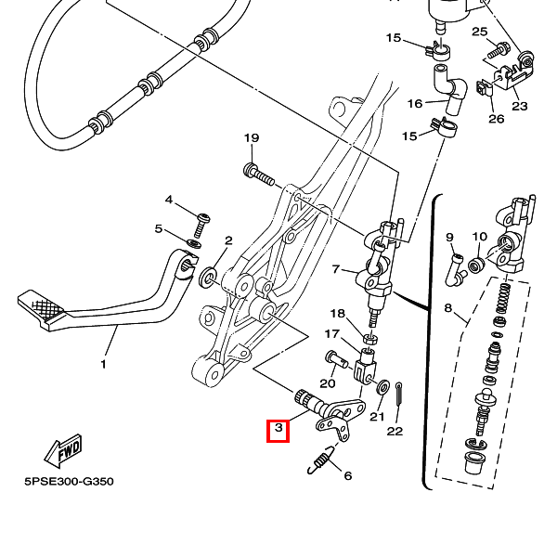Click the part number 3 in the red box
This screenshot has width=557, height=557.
278,431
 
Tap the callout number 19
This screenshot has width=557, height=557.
251,138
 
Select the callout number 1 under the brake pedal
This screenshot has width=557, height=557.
103,365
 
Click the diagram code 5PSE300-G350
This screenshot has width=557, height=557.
69,483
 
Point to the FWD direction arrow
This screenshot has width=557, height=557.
63,453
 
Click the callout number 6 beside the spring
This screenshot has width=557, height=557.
347,476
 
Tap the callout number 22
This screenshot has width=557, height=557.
395,431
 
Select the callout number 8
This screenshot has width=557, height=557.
448,307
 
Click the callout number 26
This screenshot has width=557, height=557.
496,119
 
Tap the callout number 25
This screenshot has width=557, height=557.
479,32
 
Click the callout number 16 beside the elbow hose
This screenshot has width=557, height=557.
415,103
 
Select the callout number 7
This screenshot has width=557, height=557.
337,270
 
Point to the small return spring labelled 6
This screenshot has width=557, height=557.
320,459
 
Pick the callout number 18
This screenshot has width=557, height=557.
337,314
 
